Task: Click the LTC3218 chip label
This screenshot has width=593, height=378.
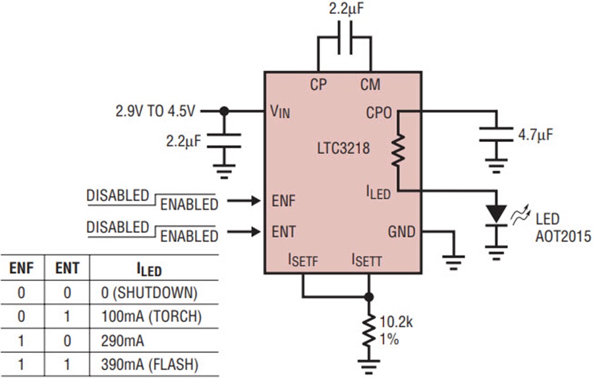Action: pos(343,148)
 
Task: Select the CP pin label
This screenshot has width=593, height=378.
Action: pos(318,84)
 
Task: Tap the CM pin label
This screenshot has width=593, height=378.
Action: pos(370,84)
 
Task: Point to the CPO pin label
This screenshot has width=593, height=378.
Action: pos(379,113)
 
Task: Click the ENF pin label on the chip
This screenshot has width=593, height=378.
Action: pos(283,201)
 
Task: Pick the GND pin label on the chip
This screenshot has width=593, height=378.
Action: pos(402,232)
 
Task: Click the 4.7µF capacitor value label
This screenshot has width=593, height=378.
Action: pos(535,135)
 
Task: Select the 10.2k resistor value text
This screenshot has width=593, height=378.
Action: pos(396,323)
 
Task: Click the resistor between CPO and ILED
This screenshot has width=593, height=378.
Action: pos(398,150)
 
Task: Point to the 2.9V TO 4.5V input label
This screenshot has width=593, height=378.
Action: pos(155,111)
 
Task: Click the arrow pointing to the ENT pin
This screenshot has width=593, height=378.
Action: pos(244,232)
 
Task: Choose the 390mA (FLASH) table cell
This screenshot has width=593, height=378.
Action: pos(150,364)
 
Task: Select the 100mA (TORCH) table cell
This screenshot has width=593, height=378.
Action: pos(152,316)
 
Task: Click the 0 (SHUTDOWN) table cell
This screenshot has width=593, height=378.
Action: pos(149,292)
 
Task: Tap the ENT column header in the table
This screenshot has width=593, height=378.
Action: pos(67,268)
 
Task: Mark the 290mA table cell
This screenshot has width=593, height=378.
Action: pos(123,341)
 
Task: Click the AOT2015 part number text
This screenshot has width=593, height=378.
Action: pos(563,236)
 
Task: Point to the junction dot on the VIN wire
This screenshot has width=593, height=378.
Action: pos(224,111)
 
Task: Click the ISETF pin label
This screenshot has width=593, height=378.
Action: pos(303,260)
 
